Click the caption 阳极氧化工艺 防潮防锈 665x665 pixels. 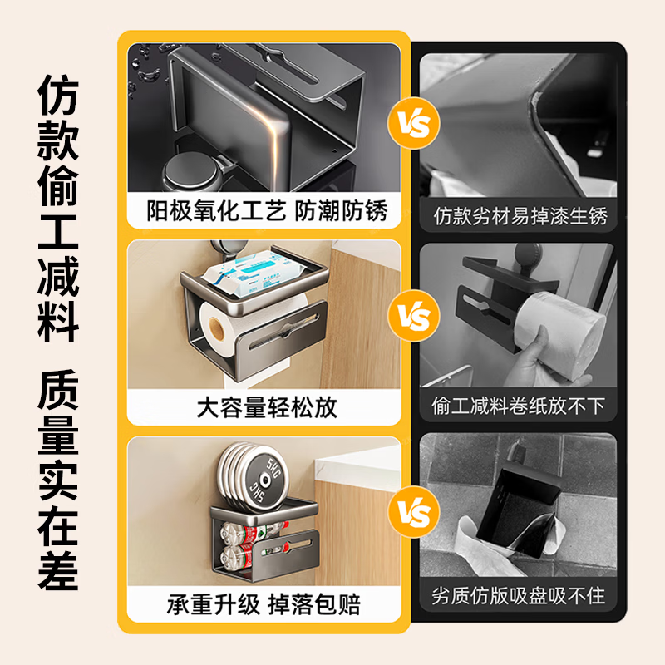(x=267, y=211)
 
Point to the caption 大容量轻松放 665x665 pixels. (x=267, y=407)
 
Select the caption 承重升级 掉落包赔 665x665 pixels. (x=267, y=603)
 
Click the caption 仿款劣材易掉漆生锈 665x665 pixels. (x=520, y=217)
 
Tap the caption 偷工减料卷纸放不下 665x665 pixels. (x=520, y=406)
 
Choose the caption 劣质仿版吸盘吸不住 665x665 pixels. (x=520, y=596)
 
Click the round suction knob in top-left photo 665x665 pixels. (x=187, y=175)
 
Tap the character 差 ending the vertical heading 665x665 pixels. (x=58, y=569)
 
